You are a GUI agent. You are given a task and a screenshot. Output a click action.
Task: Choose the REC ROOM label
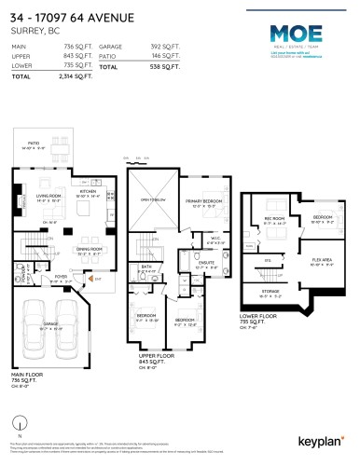pos(274,221)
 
